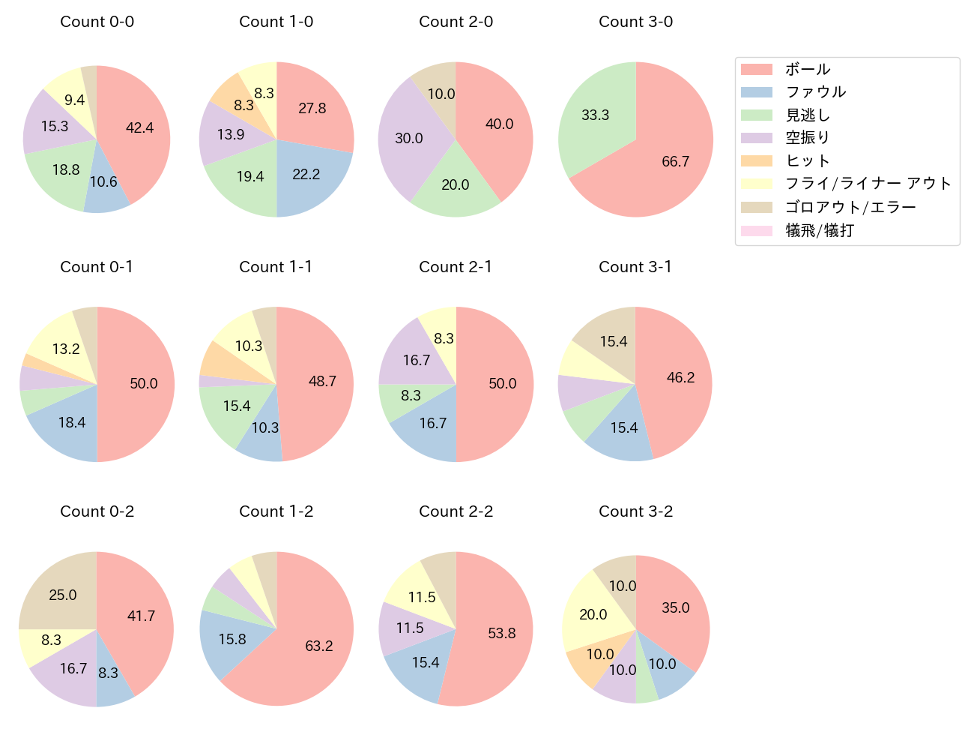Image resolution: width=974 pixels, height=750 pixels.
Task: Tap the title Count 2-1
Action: click(x=456, y=267)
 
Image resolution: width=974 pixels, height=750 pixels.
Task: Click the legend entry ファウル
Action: click(x=815, y=92)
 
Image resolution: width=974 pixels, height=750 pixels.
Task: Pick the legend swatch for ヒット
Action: click(x=756, y=161)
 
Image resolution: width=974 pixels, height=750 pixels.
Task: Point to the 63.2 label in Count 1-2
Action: click(x=319, y=646)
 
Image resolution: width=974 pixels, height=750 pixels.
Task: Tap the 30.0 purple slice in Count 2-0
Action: click(x=408, y=139)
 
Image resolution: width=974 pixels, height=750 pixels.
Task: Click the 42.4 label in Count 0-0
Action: click(x=139, y=128)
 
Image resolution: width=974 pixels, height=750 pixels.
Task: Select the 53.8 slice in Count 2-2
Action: click(x=498, y=634)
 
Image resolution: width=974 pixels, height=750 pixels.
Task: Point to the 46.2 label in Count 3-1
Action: click(x=680, y=377)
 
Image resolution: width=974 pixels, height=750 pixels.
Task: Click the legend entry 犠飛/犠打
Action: click(x=819, y=231)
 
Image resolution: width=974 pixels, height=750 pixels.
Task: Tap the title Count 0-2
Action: click(x=97, y=511)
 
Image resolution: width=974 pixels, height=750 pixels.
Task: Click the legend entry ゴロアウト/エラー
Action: click(x=850, y=208)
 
